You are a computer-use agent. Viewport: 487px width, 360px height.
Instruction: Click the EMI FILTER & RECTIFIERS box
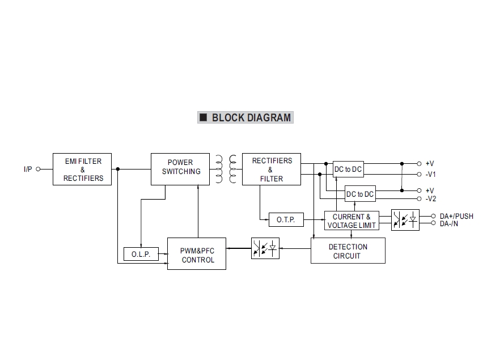coord(83,170)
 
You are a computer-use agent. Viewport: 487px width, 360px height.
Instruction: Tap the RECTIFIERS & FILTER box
coord(271,169)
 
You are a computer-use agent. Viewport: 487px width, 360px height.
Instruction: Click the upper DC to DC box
coord(348,169)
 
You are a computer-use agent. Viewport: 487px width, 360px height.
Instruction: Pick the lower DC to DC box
coord(361,194)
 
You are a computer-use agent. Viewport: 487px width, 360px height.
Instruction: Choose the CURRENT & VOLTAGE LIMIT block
coord(352,221)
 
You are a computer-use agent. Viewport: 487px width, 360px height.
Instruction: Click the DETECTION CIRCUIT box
coord(348,251)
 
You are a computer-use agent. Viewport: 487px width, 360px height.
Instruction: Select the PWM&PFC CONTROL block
coord(197,254)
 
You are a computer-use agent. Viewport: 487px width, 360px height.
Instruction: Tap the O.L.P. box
coord(141,255)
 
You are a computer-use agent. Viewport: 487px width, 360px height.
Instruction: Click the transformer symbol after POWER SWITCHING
coord(225,169)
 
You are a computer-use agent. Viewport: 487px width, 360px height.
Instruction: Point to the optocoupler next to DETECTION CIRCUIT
coord(265,248)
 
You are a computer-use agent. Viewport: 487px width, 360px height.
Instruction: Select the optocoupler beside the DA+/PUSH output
coord(405,220)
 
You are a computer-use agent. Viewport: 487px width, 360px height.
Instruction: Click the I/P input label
coord(28,169)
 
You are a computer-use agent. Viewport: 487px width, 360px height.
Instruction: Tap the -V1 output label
coord(430,175)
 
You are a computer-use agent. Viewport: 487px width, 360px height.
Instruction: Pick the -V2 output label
coord(430,199)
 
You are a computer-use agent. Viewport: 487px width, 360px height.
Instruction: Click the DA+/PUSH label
coord(456,216)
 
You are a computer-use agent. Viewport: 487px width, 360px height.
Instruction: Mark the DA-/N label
coord(449,224)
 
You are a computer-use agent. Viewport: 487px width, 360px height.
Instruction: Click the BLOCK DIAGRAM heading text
coord(251,118)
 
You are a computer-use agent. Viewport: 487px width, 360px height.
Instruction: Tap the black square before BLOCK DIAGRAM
coord(203,118)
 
